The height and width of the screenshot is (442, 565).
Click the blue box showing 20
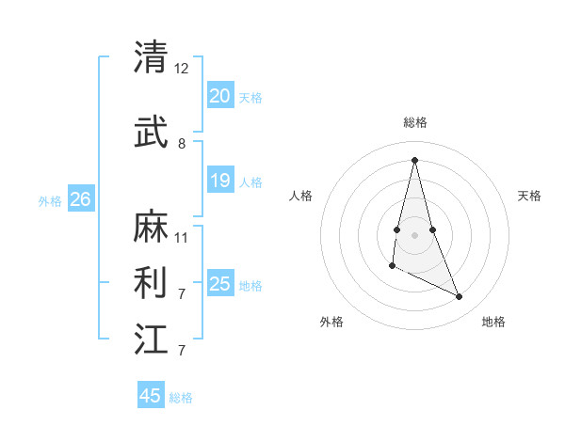[219, 95]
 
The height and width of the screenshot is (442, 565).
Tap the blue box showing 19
[219, 181]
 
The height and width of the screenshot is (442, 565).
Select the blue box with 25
[219, 284]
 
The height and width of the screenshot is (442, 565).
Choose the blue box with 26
[80, 198]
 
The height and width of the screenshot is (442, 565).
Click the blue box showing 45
[151, 396]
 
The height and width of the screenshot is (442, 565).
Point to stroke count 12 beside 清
[182, 69]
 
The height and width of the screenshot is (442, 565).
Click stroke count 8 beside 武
[182, 144]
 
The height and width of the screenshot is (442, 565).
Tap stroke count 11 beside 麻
[182, 237]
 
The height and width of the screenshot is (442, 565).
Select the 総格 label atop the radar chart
[415, 122]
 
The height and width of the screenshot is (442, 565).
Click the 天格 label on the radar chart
[529, 196]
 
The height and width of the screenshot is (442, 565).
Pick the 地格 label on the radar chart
[493, 322]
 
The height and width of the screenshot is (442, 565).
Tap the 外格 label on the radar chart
[331, 322]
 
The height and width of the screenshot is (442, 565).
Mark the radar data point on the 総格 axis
[414, 159]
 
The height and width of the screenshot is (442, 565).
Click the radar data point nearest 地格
[460, 297]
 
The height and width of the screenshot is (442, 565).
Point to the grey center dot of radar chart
[414, 234]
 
